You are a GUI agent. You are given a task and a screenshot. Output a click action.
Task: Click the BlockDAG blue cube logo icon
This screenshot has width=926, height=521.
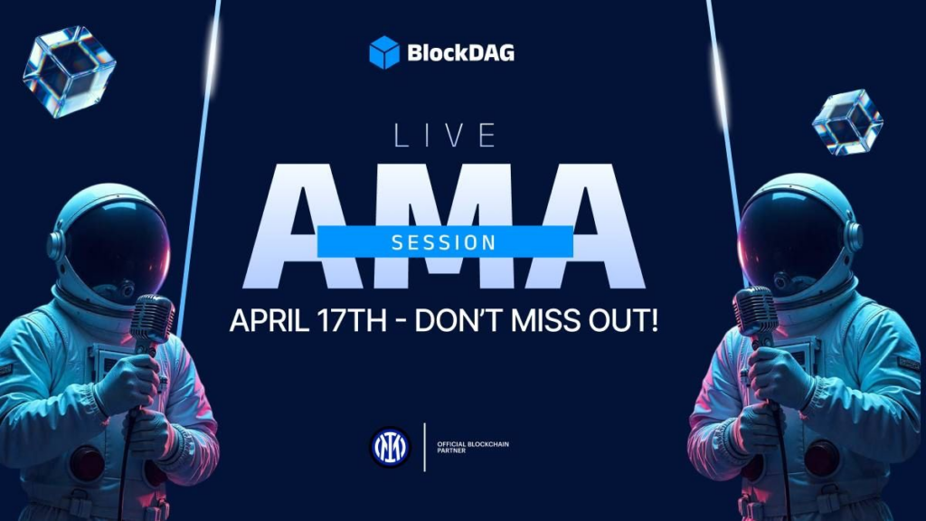pos(384,52)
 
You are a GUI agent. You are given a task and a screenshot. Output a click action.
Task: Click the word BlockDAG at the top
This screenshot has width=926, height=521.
pos(460,52)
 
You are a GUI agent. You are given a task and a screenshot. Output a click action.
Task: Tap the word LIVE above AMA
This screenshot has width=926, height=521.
pos(445,136)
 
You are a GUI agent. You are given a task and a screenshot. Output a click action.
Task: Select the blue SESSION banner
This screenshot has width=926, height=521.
pos(444,242)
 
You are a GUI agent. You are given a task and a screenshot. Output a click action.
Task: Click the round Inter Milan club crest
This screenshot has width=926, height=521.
pos(390,446)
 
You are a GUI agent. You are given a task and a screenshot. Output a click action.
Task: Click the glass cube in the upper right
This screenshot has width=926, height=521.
pos(846,121)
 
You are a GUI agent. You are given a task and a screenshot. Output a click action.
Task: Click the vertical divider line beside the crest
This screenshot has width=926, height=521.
pos(424,446)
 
